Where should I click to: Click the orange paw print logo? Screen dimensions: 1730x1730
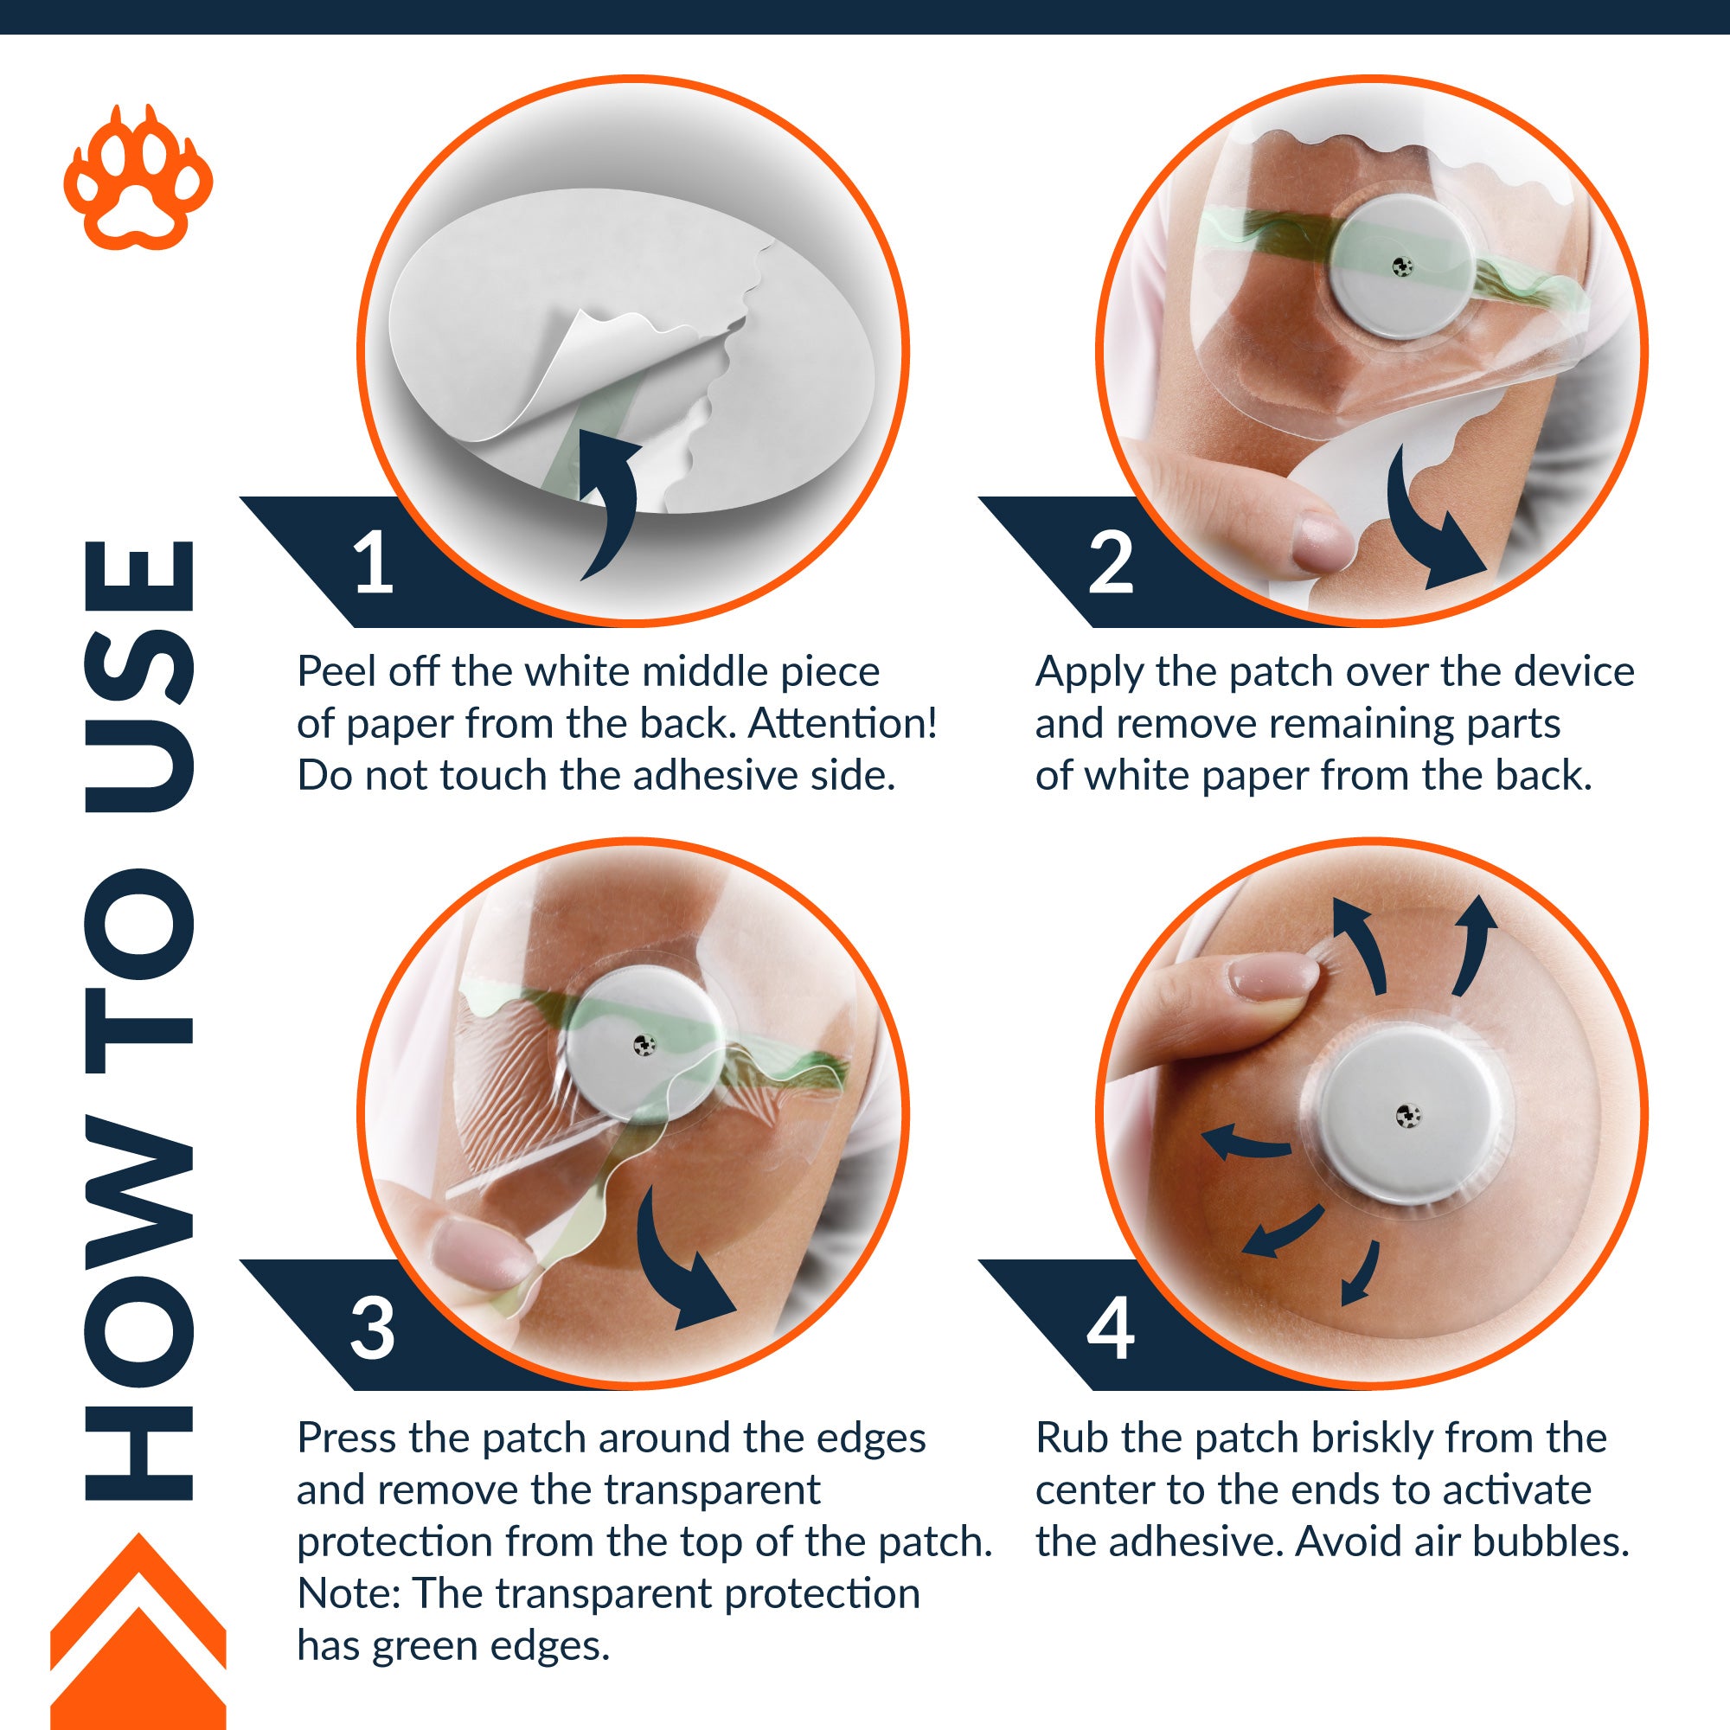(x=138, y=179)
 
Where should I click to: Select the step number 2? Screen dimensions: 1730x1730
(x=1112, y=562)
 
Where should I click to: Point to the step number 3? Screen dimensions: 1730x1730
(x=373, y=1328)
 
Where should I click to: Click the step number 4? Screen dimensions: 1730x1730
(x=1112, y=1328)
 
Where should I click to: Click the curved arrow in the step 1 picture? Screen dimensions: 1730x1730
(x=618, y=502)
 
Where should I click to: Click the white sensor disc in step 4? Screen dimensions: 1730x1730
(x=1407, y=1116)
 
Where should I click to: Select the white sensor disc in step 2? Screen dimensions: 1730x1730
(x=1403, y=266)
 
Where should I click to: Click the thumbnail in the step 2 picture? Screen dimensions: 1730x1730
(x=1322, y=541)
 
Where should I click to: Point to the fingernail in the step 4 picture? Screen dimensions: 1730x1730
(x=1272, y=976)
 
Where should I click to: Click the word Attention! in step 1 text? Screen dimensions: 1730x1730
(x=843, y=723)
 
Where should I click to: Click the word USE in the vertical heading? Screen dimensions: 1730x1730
(x=138, y=676)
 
